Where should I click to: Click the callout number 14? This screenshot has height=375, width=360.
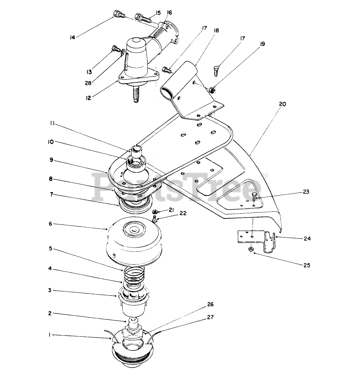72,37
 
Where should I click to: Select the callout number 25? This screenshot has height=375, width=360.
306,265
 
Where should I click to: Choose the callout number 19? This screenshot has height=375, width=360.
262,44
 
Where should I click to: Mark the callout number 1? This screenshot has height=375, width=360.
50,335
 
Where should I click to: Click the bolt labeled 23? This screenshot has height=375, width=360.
254,197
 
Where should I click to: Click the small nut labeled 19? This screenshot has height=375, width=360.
211,90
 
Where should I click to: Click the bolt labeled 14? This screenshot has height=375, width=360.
118,15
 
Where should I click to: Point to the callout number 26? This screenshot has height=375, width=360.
210,305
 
